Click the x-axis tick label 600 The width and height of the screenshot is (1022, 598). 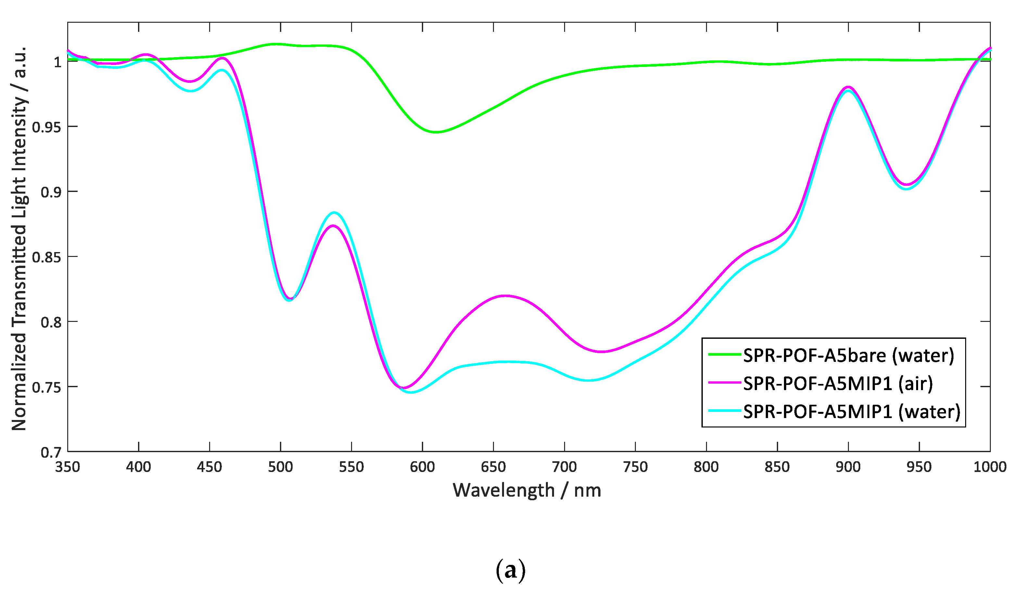[422, 467]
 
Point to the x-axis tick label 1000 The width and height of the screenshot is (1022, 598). [990, 467]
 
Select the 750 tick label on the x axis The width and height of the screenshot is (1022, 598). [635, 467]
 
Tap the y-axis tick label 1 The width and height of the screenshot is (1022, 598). [57, 62]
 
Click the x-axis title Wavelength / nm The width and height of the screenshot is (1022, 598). [527, 490]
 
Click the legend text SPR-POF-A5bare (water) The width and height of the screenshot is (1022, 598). [849, 356]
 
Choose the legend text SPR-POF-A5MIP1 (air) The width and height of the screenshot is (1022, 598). [838, 383]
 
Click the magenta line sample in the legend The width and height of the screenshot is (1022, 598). [725, 383]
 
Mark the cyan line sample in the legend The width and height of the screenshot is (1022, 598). [725, 411]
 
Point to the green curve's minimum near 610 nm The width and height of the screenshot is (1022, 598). [435, 132]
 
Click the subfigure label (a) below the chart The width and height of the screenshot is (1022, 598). [511, 570]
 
